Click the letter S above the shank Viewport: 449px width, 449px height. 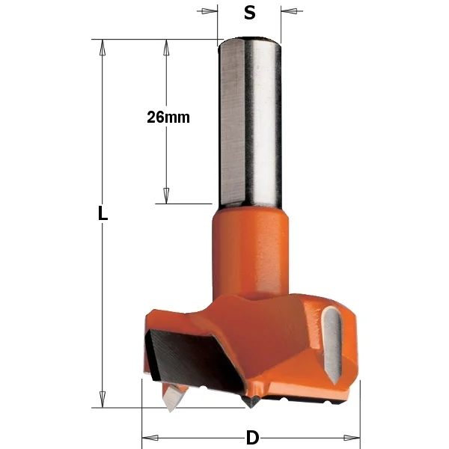point(249,13)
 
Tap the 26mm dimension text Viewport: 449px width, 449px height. point(168,117)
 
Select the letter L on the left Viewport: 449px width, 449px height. point(103,213)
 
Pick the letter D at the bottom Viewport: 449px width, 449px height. point(253,438)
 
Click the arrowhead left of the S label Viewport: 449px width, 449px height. point(210,11)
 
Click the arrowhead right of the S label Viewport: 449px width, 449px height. point(288,11)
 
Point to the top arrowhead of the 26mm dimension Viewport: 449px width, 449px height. point(166,47)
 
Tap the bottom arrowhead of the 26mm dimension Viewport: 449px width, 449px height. point(166,195)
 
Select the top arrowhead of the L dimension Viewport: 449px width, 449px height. point(103,47)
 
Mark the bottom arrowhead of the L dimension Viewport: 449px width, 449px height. point(103,399)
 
